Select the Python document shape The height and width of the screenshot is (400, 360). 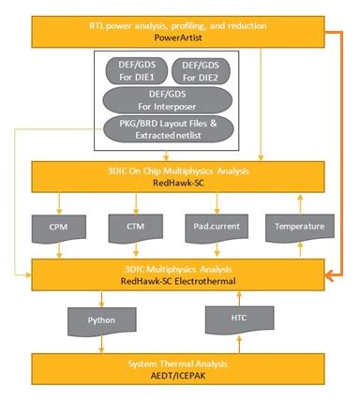tap(102, 320)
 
